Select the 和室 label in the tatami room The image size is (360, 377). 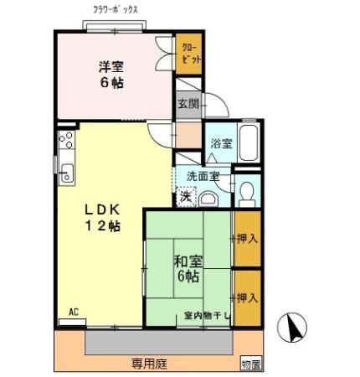coord(187,261)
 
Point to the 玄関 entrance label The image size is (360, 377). coord(188,104)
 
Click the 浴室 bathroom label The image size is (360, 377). coord(221,143)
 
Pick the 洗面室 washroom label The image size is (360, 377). coord(203,176)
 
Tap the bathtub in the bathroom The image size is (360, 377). coord(249,142)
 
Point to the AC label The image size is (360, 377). coord(73,312)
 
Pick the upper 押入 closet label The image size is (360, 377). coord(246,239)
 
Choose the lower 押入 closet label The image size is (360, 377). coord(246,297)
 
